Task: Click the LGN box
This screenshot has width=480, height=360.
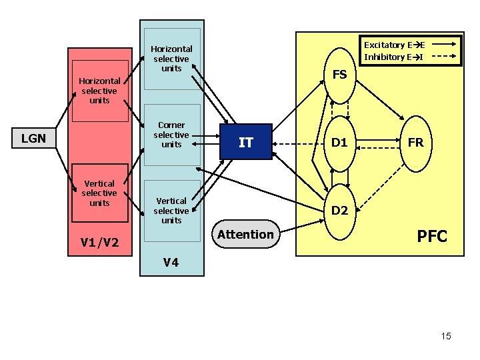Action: (33, 139)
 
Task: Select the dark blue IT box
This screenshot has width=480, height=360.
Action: (246, 142)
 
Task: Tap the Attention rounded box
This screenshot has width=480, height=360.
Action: (245, 234)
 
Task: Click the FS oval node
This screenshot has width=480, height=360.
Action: (340, 75)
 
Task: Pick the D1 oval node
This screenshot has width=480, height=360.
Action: (340, 143)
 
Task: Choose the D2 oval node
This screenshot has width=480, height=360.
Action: (340, 211)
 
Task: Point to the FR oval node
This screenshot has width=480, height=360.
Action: (415, 143)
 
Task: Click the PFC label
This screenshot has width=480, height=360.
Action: (432, 237)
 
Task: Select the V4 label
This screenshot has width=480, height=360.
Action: (171, 262)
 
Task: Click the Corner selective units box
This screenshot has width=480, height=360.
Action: (171, 135)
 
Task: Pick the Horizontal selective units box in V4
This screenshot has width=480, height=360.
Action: (171, 59)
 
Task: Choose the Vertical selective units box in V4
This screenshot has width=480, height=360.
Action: (171, 210)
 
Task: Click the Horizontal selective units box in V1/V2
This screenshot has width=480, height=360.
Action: (99, 91)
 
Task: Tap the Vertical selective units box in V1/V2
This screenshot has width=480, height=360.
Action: (99, 193)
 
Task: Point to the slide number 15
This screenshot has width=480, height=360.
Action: (446, 336)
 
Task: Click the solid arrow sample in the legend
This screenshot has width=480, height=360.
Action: (444, 45)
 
